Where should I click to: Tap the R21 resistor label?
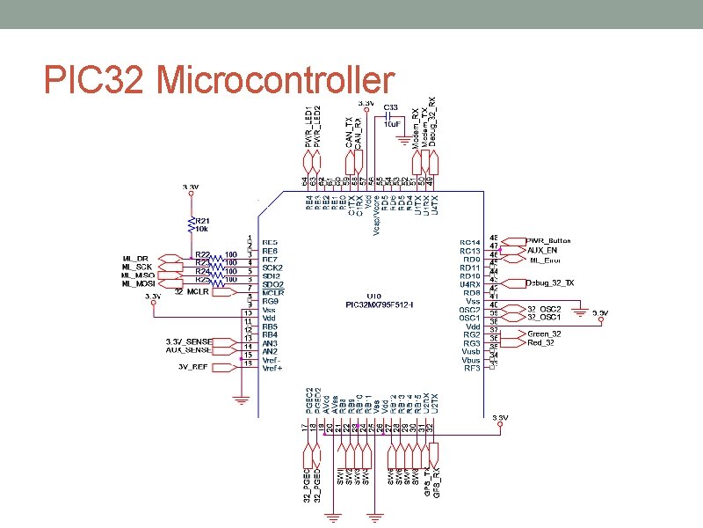[x=202, y=221]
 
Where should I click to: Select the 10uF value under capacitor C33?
[x=392, y=124]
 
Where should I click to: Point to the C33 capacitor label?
[x=392, y=107]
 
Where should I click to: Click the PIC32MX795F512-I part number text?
[x=380, y=305]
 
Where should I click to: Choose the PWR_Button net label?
[x=549, y=240]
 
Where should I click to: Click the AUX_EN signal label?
[x=543, y=250]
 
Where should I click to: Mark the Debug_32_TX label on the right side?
[x=550, y=282]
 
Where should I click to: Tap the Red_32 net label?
[x=540, y=343]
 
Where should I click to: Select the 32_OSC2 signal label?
[x=544, y=308]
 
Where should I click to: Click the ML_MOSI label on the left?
[x=138, y=283]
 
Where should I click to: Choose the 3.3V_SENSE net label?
[x=191, y=341]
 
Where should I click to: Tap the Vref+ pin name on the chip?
[x=272, y=368]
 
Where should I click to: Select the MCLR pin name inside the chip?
[x=272, y=293]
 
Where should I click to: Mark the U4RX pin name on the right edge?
[x=469, y=284]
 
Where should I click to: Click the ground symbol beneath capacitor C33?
[x=403, y=138]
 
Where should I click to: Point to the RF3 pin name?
[x=472, y=368]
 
